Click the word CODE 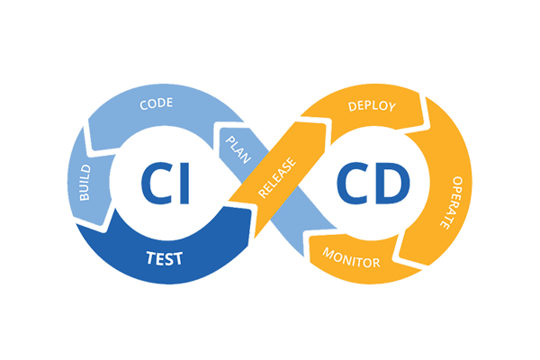[x=156, y=104]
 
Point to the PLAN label [x=238, y=144]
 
